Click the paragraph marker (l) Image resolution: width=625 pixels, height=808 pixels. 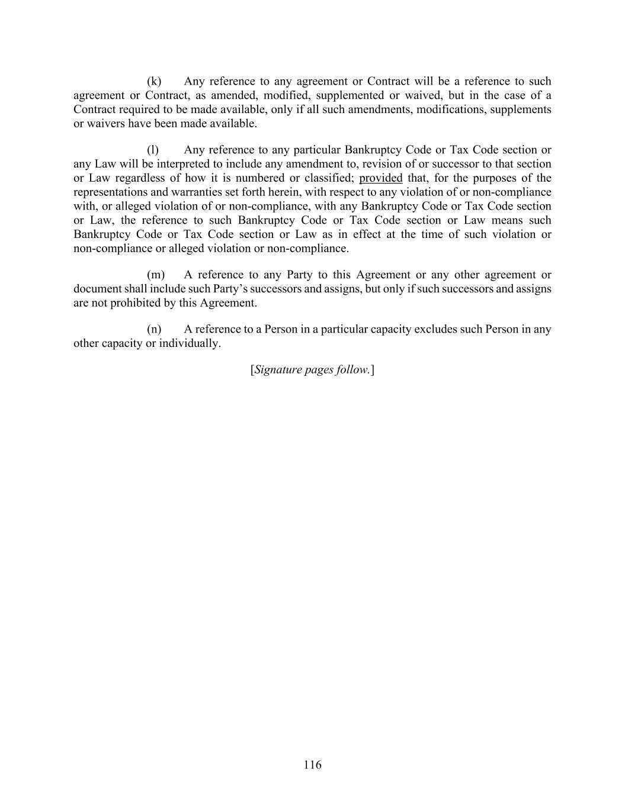153,150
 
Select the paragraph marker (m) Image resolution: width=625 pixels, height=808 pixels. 156,275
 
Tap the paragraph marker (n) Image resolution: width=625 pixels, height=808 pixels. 154,329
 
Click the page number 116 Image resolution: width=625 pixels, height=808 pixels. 312,765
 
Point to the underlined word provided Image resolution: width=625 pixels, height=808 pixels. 380,178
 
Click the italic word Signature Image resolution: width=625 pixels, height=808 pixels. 278,370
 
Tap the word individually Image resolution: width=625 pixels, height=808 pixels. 190,343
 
